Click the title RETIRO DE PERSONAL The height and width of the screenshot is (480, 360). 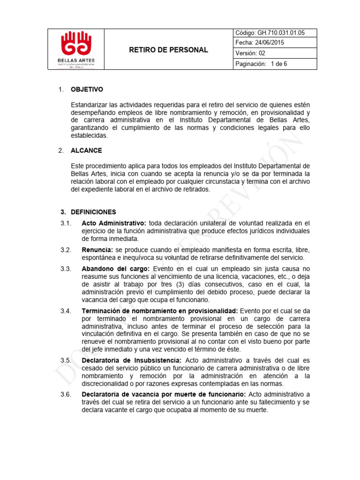tap(168, 50)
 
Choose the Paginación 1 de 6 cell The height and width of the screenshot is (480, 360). tap(261, 64)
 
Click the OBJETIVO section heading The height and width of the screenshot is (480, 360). tap(87, 90)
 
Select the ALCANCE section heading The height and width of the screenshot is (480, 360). tap(86, 150)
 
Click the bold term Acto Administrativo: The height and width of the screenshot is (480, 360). tap(114, 223)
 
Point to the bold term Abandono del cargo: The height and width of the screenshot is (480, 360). tap(116, 269)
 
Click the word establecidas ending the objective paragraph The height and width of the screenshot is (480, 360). tap(89, 135)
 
